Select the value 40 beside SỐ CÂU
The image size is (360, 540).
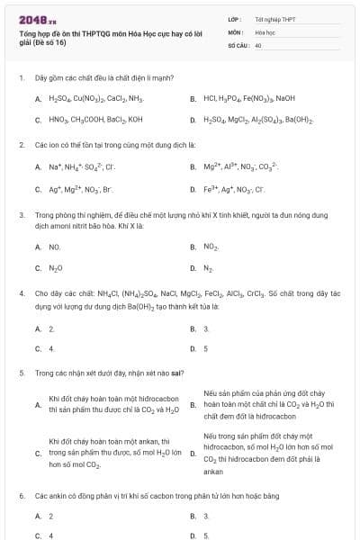(x=258, y=43)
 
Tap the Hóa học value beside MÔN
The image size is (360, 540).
(x=265, y=31)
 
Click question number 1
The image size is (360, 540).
(x=21, y=78)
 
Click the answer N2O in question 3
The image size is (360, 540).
(x=55, y=267)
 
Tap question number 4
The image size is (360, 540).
(x=21, y=293)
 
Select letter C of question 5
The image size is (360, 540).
(x=38, y=454)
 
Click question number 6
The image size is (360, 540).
(x=21, y=495)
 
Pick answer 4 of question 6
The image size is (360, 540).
(x=51, y=535)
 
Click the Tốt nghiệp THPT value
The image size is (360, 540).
(x=274, y=18)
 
